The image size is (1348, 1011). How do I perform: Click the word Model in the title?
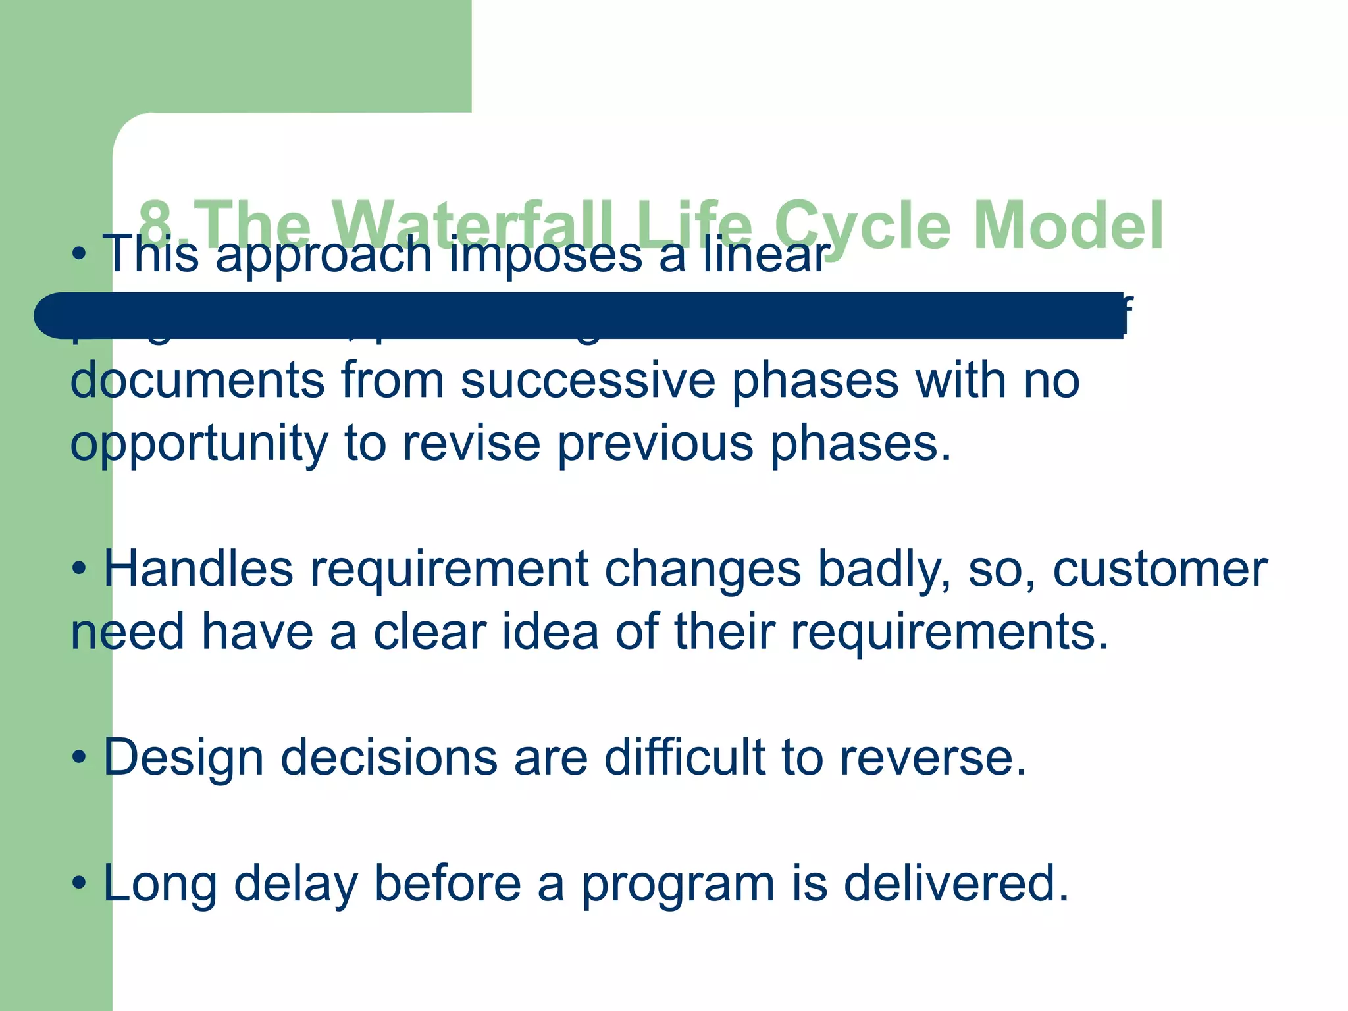[x=1068, y=226]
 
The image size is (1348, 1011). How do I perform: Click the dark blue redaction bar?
[x=579, y=315]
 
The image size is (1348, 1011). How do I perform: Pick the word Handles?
[x=198, y=569]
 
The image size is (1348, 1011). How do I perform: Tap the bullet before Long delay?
[x=79, y=883]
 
